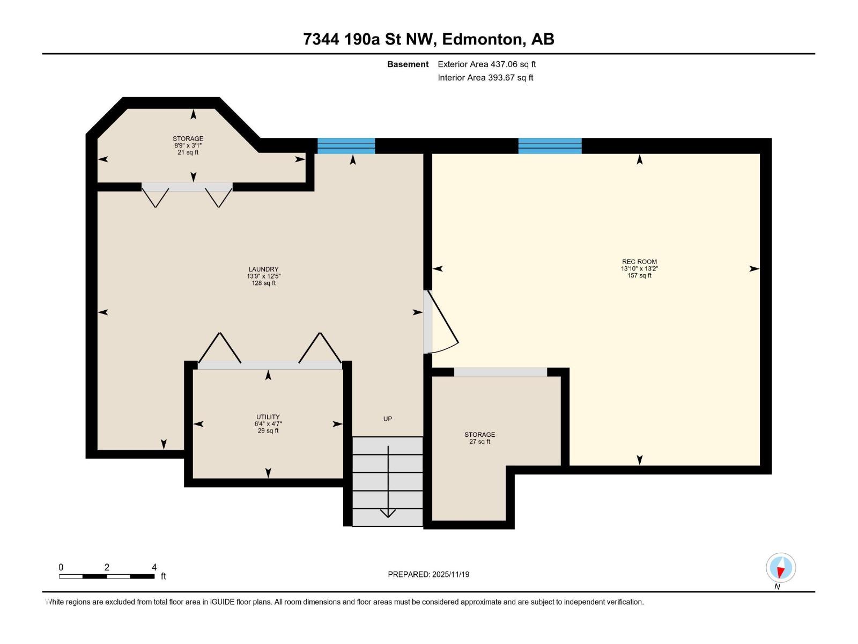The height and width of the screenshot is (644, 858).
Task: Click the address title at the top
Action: [428, 39]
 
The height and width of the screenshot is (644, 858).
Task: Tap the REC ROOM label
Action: [639, 261]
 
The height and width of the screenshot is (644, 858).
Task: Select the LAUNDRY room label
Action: [263, 269]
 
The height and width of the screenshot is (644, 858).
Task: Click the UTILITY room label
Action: [268, 417]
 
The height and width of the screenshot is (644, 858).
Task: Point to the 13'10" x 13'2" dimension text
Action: [639, 269]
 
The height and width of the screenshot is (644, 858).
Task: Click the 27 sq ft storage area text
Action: [479, 442]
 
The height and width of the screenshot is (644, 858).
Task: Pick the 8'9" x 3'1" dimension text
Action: [188, 145]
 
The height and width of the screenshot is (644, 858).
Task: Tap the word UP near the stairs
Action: [387, 419]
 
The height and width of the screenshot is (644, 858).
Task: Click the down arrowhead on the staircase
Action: [388, 513]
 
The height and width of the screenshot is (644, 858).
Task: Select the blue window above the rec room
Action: [550, 146]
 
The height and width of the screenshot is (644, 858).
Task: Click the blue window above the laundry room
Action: [346, 146]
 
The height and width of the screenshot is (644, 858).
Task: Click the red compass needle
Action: [781, 573]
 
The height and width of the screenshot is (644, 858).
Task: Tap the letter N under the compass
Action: [777, 587]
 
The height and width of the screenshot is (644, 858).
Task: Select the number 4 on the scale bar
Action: [154, 567]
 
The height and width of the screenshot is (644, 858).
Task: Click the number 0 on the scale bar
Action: [61, 567]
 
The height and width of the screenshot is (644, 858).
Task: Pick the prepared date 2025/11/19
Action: [450, 574]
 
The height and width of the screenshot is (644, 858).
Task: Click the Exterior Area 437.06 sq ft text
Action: [487, 64]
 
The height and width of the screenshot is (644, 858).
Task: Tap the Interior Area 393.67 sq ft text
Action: [485, 77]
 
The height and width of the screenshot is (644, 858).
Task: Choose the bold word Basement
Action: [408, 64]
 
